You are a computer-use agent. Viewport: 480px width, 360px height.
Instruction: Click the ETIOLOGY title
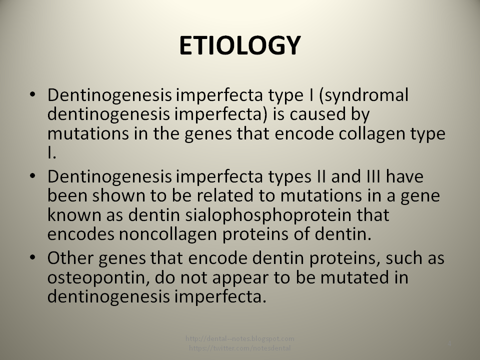point(239,46)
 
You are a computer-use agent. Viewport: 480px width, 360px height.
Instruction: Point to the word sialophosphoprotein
point(251,215)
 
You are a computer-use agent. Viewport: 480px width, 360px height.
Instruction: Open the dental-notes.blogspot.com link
point(240,339)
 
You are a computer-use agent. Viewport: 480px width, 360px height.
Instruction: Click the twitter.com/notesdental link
point(240,347)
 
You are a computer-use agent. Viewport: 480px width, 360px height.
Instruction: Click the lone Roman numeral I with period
point(51,153)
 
